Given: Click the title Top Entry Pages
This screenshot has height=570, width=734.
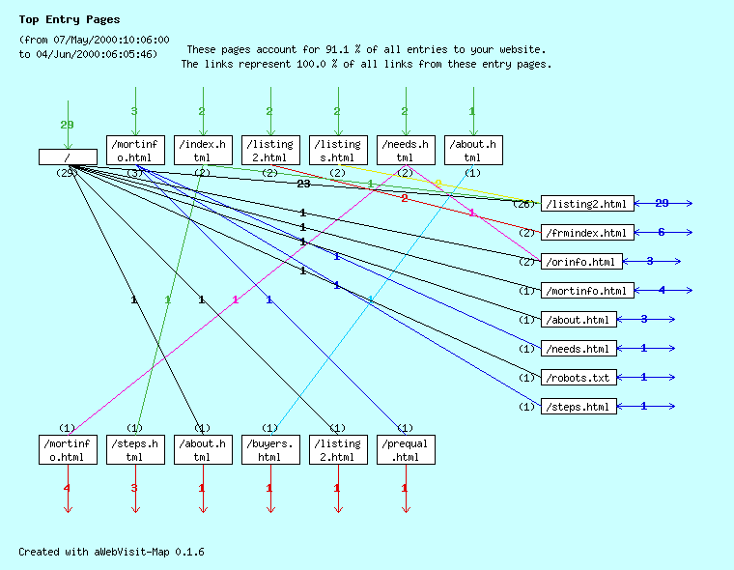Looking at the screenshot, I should (70, 19).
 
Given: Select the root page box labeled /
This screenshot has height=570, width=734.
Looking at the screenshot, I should (68, 157).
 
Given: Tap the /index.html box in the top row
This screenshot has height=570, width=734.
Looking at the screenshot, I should (202, 150).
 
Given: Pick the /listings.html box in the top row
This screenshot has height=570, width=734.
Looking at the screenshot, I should (337, 150).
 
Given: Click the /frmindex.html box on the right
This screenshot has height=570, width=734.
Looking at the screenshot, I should (588, 233).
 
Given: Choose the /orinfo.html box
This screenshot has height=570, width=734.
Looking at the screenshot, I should (581, 262).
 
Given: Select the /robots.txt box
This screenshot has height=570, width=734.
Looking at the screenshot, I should (579, 378).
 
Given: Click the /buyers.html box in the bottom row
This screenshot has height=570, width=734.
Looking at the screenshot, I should (269, 449).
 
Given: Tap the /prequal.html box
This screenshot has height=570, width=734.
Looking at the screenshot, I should (405, 449).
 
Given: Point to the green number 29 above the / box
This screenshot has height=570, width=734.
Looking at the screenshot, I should (67, 125).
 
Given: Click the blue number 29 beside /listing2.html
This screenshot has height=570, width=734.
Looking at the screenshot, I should (662, 204).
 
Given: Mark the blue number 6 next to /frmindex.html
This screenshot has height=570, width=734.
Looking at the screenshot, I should (662, 233).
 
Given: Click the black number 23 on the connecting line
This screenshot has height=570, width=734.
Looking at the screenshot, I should (303, 184).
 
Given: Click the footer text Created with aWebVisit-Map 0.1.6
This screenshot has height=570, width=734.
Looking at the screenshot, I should (111, 552).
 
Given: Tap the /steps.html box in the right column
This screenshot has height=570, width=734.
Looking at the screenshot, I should (579, 407).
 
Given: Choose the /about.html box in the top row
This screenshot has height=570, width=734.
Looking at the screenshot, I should (472, 150).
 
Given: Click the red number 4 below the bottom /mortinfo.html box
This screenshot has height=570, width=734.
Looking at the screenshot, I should (67, 489).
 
